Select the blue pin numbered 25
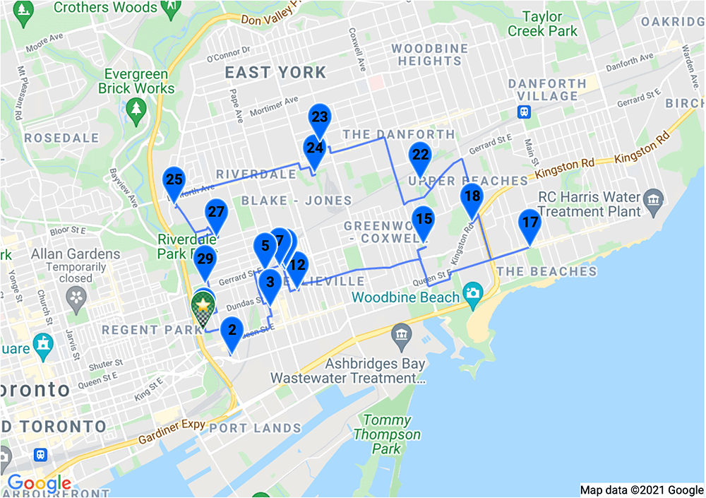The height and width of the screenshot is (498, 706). (174, 180)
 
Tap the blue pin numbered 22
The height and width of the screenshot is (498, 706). (420, 155)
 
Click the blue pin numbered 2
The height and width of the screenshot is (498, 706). (232, 331)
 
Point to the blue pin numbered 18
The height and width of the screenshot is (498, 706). (472, 197)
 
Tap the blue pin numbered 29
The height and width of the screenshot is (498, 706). (205, 260)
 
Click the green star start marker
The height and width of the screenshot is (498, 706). (203, 305)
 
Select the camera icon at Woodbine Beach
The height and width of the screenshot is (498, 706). (472, 292)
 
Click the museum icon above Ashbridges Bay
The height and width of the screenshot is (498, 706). (400, 333)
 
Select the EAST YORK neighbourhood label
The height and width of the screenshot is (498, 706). (275, 72)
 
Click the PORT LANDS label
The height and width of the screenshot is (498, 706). (255, 428)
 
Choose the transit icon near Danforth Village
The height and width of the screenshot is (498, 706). (524, 111)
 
